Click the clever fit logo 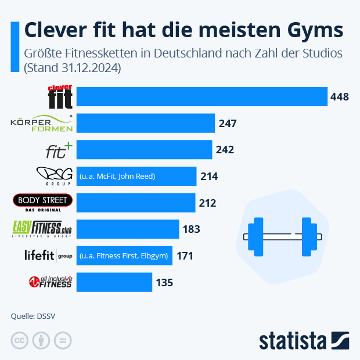pos(60,96)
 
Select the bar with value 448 pos(201,96)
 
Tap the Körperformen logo pos(42,123)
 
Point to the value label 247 pos(228,123)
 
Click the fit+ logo pos(59,150)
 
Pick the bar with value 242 pos(144,150)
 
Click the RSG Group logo pos(53,176)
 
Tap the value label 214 pos(209,176)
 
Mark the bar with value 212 pos(136,203)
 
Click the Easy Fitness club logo pos(44,229)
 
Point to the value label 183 pos(191,229)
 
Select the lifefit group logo pos(48,255)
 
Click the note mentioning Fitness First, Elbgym pos(124,255)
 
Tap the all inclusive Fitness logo pos(51,282)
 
